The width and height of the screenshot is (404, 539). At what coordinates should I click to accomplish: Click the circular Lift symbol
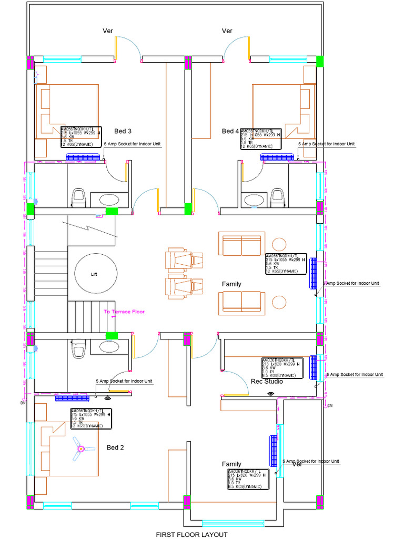point(95,274)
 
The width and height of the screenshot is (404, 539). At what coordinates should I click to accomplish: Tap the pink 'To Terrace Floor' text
point(124,312)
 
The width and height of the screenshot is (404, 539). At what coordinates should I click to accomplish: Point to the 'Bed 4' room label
point(230,131)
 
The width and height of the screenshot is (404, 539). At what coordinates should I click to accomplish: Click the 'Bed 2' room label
point(115,448)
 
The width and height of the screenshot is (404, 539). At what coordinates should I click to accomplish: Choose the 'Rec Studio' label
point(267,382)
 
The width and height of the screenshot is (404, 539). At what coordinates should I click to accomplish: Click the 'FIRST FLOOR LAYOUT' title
point(191,535)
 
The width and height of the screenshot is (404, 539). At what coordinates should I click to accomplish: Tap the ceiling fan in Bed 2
point(82,449)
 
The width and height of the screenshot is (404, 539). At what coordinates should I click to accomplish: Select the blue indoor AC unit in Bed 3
point(83,156)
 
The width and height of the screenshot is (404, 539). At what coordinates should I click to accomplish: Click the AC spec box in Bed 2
point(91,418)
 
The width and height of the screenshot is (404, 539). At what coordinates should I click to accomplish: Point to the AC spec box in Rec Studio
point(282,368)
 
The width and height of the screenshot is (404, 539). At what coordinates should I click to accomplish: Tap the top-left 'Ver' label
point(108,31)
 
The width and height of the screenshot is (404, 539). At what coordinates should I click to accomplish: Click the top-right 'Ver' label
point(227,31)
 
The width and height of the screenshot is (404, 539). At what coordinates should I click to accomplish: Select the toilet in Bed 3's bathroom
point(79,197)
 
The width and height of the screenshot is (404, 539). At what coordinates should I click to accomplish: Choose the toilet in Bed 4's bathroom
point(277,197)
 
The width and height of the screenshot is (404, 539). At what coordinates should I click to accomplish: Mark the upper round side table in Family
point(279,245)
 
